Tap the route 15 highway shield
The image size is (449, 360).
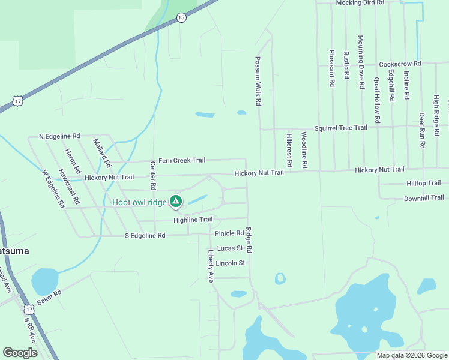point(181,18)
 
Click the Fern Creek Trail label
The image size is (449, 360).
point(182,161)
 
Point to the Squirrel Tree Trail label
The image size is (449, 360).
point(342,128)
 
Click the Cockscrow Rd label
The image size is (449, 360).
point(400,64)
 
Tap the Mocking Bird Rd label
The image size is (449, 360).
point(360,3)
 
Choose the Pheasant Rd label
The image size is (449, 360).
point(331,68)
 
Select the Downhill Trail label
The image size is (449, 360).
point(424,198)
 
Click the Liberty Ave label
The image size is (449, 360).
point(211,266)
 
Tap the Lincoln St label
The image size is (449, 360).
point(231,263)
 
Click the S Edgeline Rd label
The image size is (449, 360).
point(145,236)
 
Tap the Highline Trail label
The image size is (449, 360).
point(193,220)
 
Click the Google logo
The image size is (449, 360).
point(20,353)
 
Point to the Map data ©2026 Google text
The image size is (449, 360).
point(411,355)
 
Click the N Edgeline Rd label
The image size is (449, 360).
point(59,137)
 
